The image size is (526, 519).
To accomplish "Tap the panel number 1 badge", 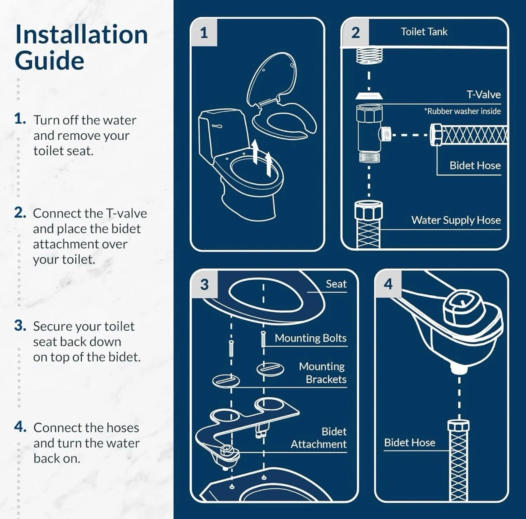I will [x=204, y=33].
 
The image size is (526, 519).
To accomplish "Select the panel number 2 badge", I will [x=355, y=33].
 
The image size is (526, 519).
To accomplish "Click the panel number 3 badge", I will [x=204, y=285].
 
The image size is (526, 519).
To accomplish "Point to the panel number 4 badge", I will [x=389, y=284].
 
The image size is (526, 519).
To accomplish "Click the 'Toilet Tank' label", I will [x=424, y=32].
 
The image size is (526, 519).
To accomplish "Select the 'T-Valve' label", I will [x=483, y=95].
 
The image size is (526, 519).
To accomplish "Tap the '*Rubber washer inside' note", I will [x=462, y=111].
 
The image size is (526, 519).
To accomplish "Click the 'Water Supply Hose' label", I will [x=456, y=220].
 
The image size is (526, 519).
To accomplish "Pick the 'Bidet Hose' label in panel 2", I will [x=475, y=166].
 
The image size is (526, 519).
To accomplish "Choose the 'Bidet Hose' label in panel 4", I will [x=410, y=443].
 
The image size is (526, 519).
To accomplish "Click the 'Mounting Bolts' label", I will [x=310, y=338].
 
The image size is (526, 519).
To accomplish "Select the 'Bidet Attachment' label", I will [x=319, y=438].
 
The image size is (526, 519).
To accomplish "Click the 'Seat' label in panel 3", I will [x=336, y=284].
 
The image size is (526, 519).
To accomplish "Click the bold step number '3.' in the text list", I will [x=20, y=326].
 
